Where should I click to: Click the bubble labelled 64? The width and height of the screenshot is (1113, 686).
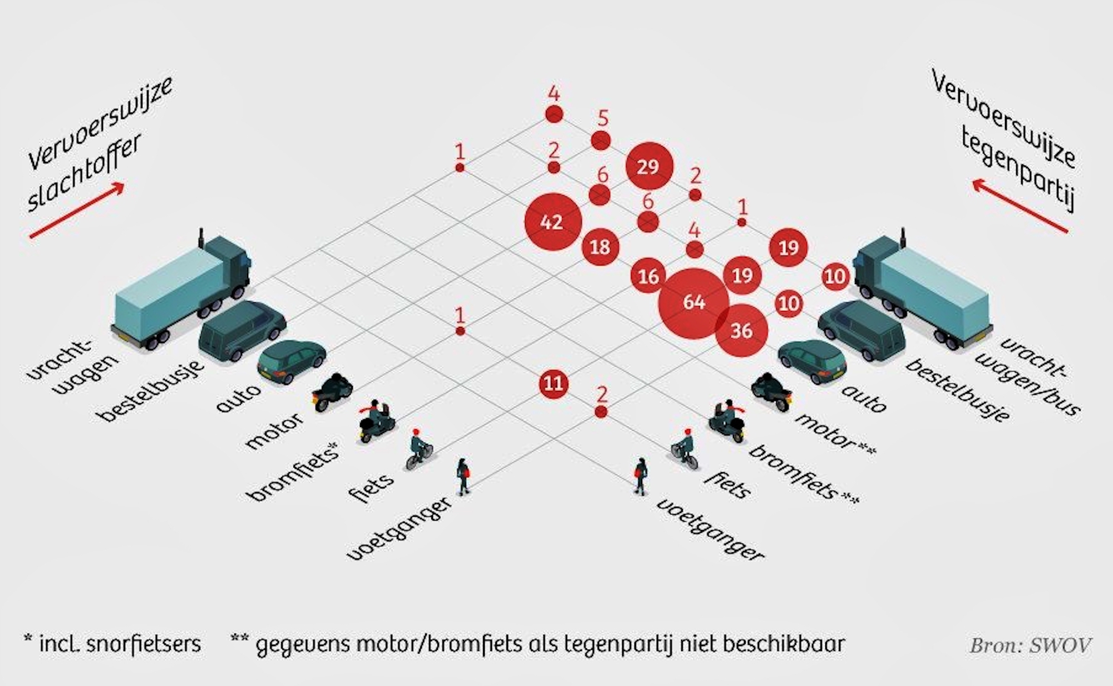[693, 303]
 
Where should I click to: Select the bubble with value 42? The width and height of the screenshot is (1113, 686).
[553, 222]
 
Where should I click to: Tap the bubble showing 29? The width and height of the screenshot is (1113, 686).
[649, 166]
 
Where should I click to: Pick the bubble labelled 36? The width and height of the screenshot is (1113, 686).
[742, 331]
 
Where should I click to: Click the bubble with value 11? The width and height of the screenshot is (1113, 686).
[553, 383]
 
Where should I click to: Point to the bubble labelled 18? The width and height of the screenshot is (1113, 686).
[600, 247]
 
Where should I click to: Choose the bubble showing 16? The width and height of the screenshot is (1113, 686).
[648, 276]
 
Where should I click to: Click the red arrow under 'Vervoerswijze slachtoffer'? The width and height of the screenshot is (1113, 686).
[76, 210]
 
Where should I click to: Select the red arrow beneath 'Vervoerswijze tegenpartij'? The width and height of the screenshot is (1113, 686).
[1020, 205]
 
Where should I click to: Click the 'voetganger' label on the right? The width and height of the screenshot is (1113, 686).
[710, 529]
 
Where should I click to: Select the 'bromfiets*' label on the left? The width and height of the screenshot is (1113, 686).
[294, 471]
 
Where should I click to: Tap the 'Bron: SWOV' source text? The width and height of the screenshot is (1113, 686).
[1030, 645]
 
